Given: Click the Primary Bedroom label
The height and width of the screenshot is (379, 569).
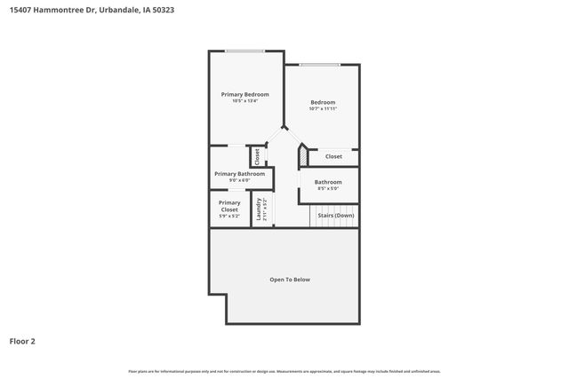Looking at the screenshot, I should pyautogui.click(x=244, y=94).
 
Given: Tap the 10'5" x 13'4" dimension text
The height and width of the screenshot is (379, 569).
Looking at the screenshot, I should pyautogui.click(x=244, y=101).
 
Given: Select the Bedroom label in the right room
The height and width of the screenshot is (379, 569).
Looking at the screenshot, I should pyautogui.click(x=323, y=103).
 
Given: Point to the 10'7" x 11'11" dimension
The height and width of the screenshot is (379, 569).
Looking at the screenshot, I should pyautogui.click(x=323, y=110).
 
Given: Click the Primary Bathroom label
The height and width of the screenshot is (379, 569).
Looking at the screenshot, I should pyautogui.click(x=239, y=174).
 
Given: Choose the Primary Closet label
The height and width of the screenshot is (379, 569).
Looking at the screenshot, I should pyautogui.click(x=229, y=206).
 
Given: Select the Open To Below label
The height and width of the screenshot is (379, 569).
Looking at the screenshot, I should pyautogui.click(x=290, y=280).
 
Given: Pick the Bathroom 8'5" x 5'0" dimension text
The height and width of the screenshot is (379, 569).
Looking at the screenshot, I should pyautogui.click(x=328, y=188).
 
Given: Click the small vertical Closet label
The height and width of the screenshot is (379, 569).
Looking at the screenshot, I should pyautogui.click(x=258, y=156).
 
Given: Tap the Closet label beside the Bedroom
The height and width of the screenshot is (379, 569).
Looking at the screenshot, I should pyautogui.click(x=333, y=156).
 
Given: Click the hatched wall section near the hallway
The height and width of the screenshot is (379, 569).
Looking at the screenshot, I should pyautogui.click(x=302, y=155).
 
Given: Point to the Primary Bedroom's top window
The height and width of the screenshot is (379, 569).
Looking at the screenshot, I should pyautogui.click(x=244, y=51).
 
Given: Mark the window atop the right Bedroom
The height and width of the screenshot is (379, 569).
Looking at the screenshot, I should pyautogui.click(x=319, y=64).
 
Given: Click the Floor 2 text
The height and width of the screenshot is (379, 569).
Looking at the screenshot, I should pyautogui.click(x=22, y=340).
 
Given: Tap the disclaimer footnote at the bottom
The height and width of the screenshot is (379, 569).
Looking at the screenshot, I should pyautogui.click(x=284, y=371).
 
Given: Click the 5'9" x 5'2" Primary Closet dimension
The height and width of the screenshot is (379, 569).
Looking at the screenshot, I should pyautogui.click(x=229, y=217).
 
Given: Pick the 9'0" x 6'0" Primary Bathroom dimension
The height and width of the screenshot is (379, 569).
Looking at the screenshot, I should pyautogui.click(x=239, y=181).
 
